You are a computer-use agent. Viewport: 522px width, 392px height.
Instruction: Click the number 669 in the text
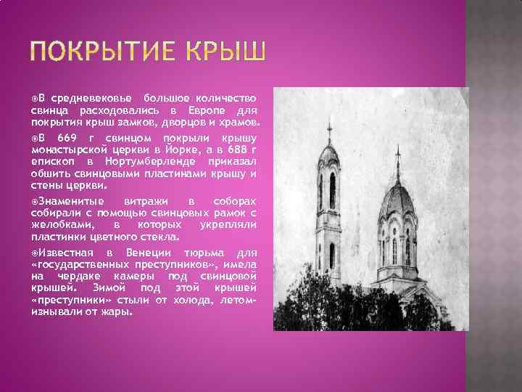[x=67, y=138]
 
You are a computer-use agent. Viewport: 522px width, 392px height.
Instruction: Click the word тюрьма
[x=210, y=252]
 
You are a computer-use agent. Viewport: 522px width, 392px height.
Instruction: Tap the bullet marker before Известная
[x=34, y=252]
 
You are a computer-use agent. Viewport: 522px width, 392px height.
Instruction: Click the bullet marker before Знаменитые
[x=34, y=200]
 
